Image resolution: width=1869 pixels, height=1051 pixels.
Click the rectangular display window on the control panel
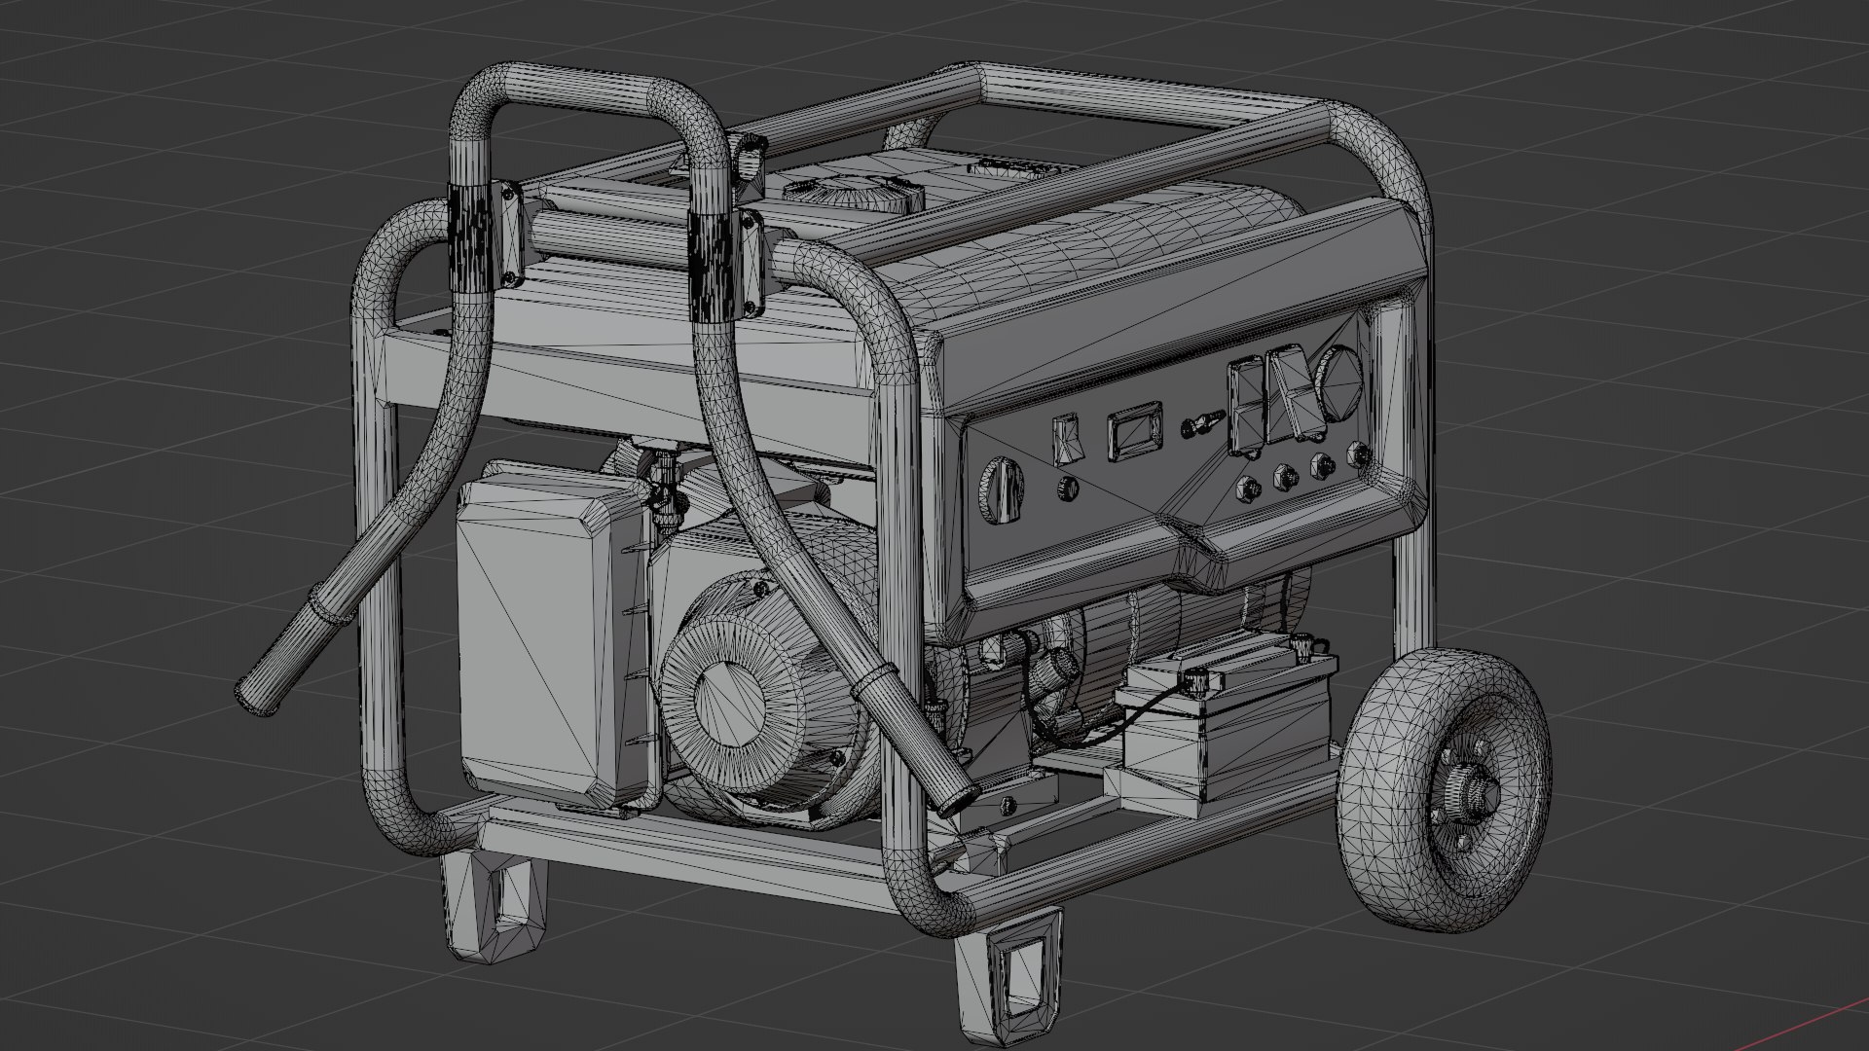pyautogui.click(x=1134, y=433)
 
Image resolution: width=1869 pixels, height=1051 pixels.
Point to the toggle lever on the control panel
pyautogui.click(x=1198, y=425)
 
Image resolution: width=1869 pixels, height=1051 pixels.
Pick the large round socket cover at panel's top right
pyautogui.click(x=1339, y=383)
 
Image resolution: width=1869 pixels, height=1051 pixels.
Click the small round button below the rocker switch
pyautogui.click(x=1069, y=488)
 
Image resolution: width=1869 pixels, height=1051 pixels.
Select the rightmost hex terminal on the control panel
pyautogui.click(x=1358, y=453)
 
